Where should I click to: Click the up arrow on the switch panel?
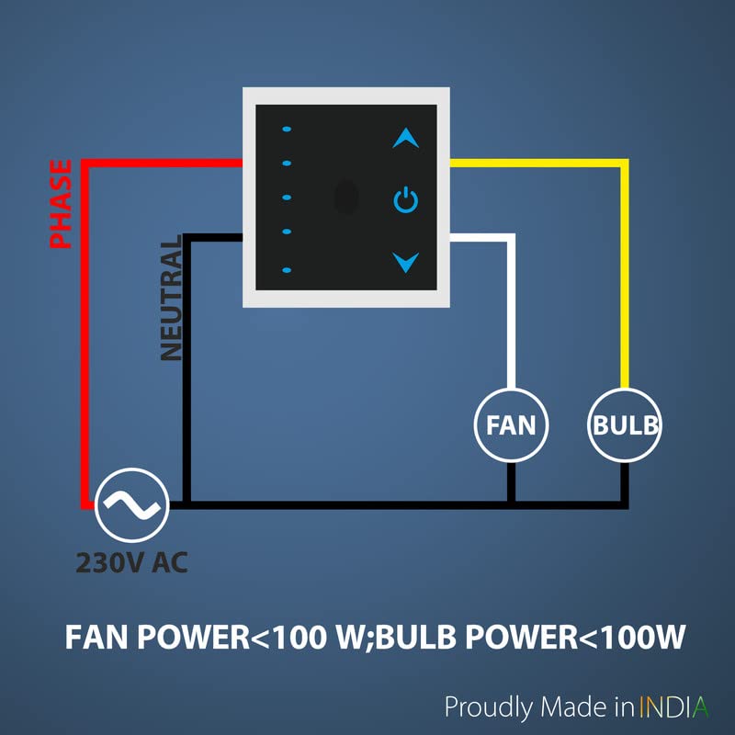coord(405,139)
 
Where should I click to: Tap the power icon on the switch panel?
coord(405,199)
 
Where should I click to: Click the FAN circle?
coord(511,425)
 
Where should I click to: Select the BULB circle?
coord(625,425)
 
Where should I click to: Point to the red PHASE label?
coord(61,204)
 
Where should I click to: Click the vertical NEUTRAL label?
coord(172,299)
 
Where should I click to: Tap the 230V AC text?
coord(132,561)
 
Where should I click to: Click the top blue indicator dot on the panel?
coord(287,129)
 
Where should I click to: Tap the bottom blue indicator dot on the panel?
coord(287,270)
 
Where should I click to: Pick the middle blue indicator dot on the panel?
coord(287,198)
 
